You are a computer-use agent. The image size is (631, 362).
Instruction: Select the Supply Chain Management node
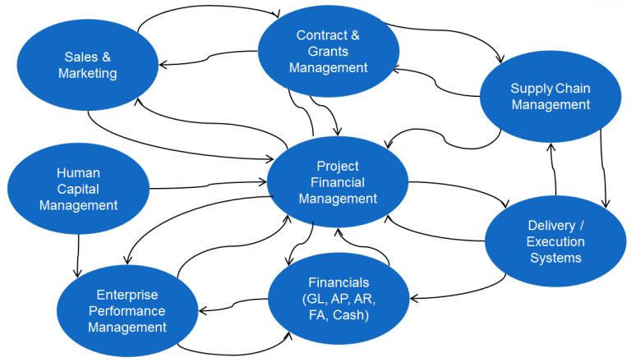[x=550, y=97]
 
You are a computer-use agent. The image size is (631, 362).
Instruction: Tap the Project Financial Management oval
[x=338, y=182]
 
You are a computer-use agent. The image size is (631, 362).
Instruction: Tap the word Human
[x=78, y=172]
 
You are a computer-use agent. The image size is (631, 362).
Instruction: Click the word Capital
[x=77, y=189]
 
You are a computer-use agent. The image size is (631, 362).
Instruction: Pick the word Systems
[x=555, y=258]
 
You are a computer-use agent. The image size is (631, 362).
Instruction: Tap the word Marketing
[x=88, y=73]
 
